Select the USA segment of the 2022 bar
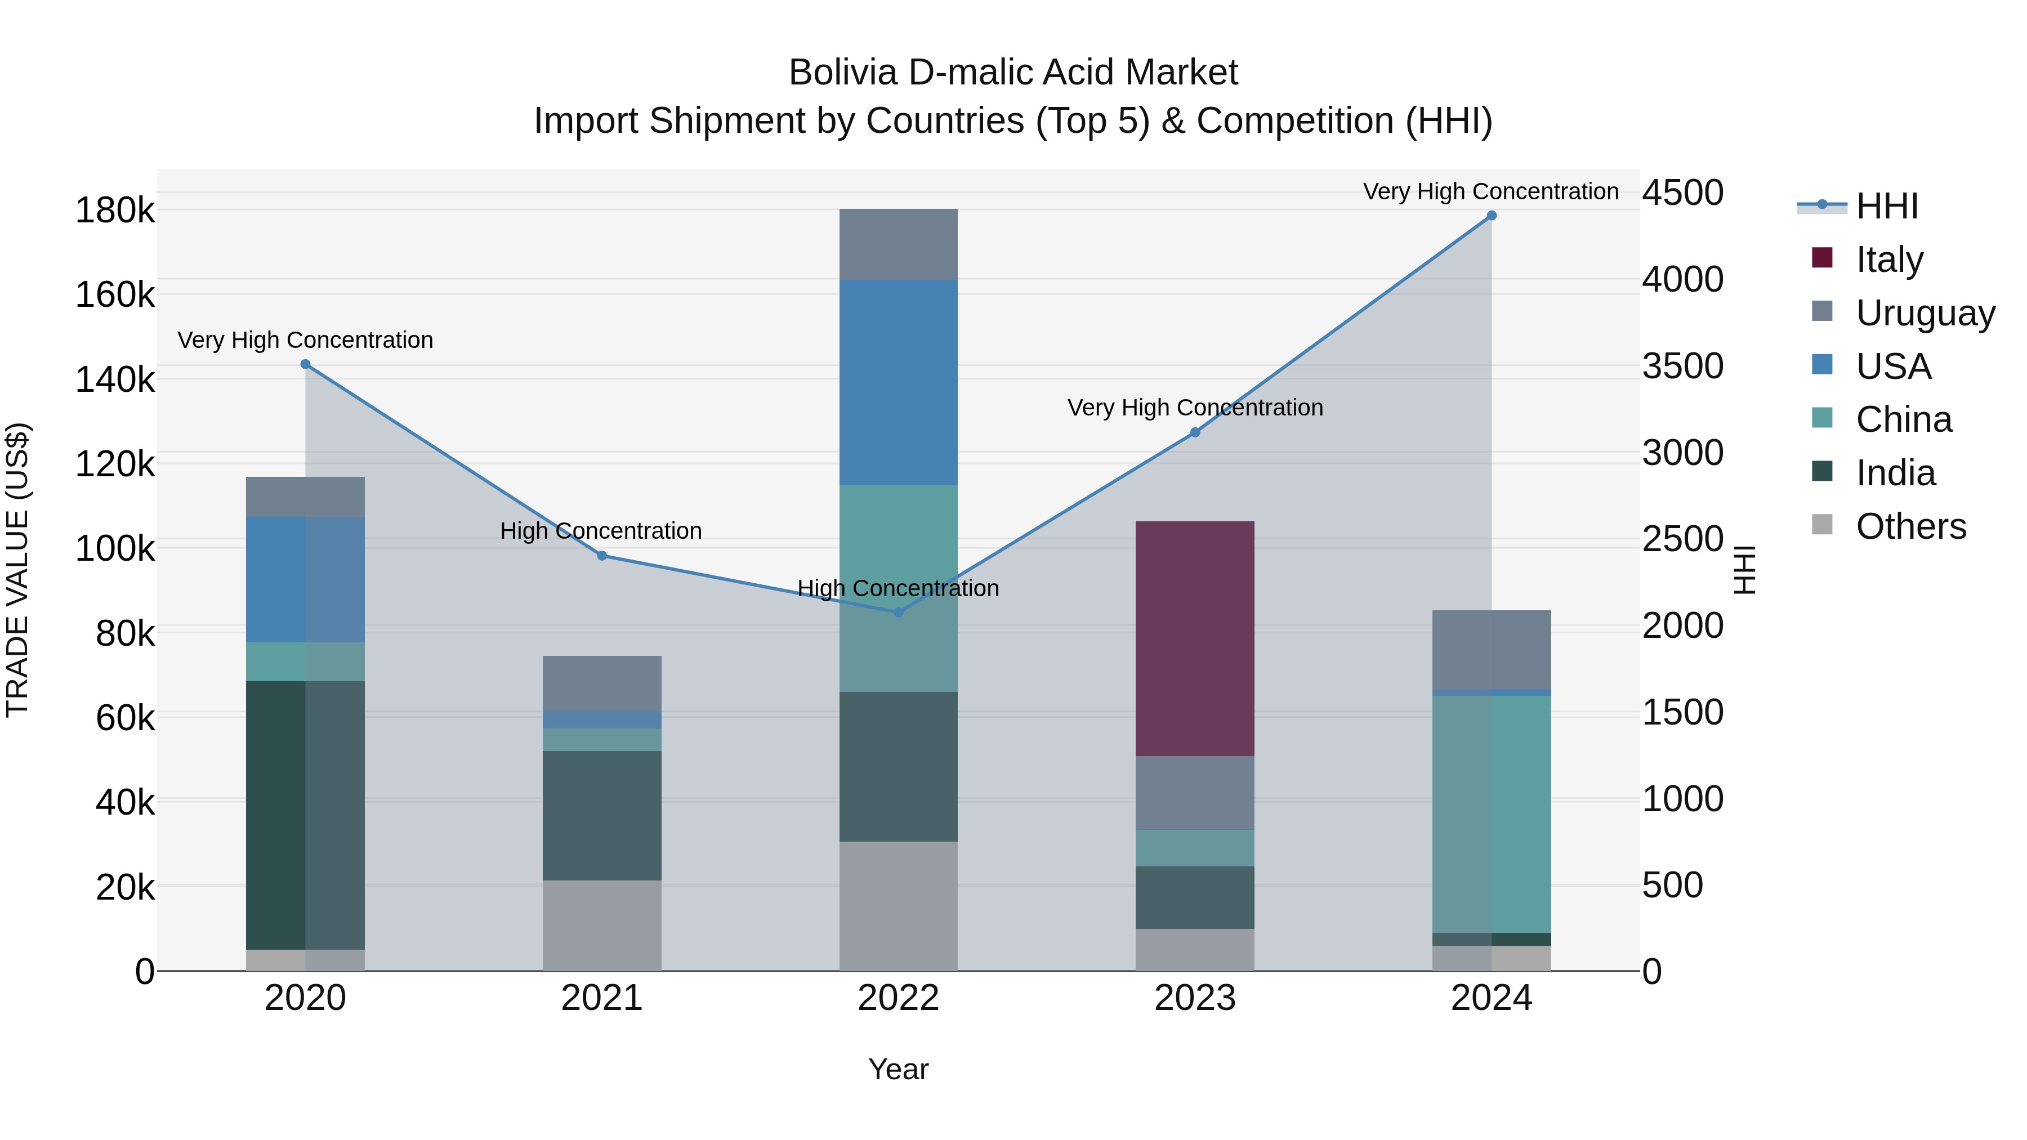(x=898, y=382)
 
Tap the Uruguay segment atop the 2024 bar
(x=1490, y=650)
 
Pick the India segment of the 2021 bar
(x=602, y=815)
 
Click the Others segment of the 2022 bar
(x=898, y=906)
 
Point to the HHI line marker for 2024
(x=1490, y=216)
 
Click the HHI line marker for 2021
(x=602, y=556)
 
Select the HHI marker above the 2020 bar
(x=305, y=364)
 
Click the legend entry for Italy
(x=1888, y=259)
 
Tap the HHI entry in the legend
(x=1886, y=206)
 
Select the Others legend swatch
(x=1821, y=525)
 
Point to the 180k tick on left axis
(x=115, y=211)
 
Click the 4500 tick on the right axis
(x=1682, y=193)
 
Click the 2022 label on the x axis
(x=898, y=998)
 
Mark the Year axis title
(x=898, y=1069)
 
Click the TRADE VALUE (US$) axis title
(x=17, y=570)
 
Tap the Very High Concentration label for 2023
(x=1194, y=408)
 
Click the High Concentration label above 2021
(x=601, y=531)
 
